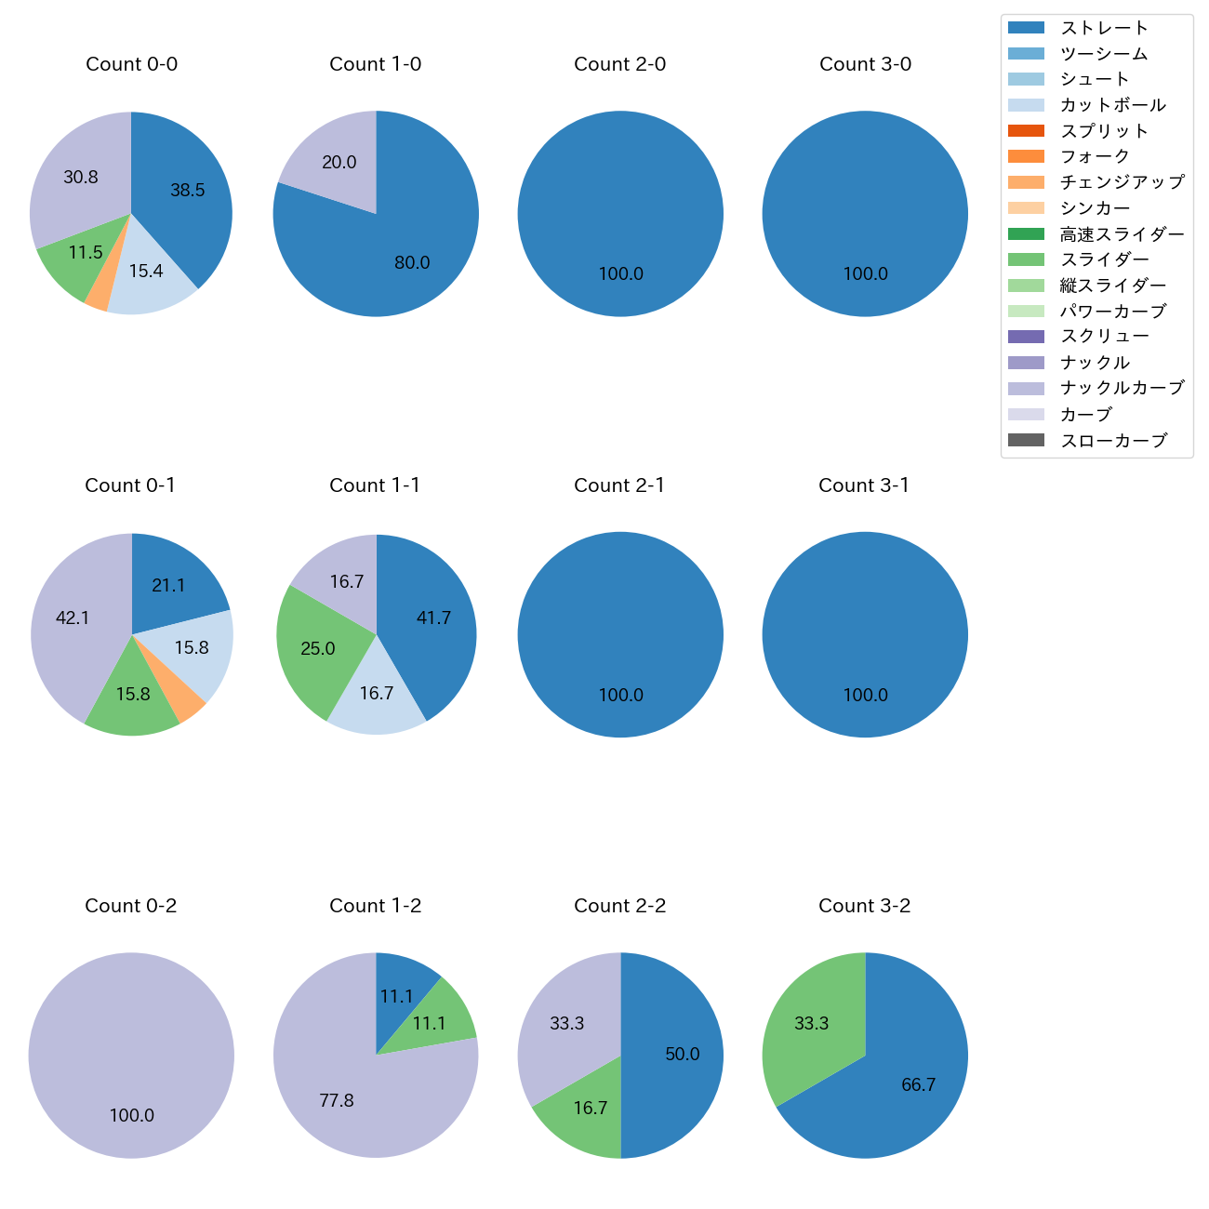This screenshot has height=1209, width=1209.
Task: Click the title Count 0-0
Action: click(x=131, y=64)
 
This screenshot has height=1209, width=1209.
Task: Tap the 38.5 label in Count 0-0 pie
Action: click(x=187, y=191)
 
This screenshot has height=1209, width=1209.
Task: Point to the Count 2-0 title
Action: click(x=619, y=64)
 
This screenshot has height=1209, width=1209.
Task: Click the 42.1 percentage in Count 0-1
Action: click(x=73, y=618)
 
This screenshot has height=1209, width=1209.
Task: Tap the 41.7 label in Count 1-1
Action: click(x=433, y=618)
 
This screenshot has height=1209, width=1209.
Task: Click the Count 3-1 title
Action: click(x=864, y=485)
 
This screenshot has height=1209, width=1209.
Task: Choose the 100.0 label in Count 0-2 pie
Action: click(x=131, y=1116)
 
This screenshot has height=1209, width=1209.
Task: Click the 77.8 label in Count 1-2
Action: click(x=336, y=1101)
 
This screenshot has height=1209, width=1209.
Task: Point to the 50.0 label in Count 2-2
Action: click(x=682, y=1055)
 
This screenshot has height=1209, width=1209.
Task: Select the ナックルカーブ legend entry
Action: click(x=1122, y=388)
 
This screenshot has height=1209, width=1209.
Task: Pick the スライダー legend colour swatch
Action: click(x=1026, y=259)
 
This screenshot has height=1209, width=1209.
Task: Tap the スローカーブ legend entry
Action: click(x=1113, y=441)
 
